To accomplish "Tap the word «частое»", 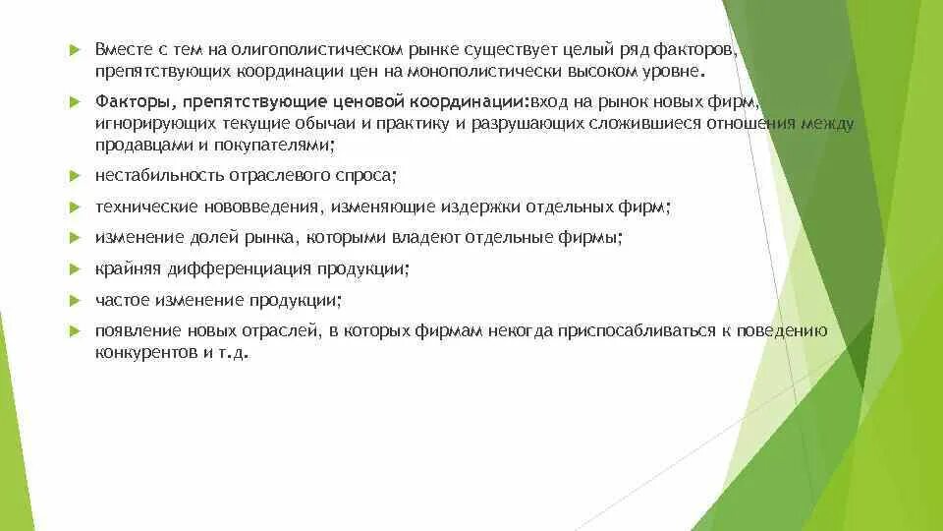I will [x=118, y=300].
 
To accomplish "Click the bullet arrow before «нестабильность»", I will [x=74, y=177].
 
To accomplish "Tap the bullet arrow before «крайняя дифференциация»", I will [x=74, y=268].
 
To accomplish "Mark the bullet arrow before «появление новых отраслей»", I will [x=74, y=330].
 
